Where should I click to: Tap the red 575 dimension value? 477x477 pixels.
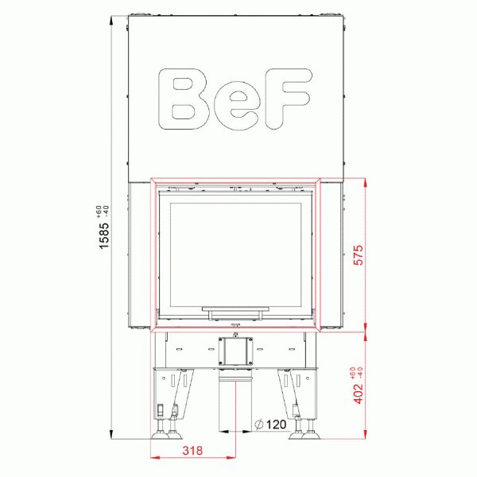click(x=358, y=254)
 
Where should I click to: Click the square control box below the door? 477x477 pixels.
click(x=235, y=350)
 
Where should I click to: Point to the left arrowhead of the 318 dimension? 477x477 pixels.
click(x=153, y=458)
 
